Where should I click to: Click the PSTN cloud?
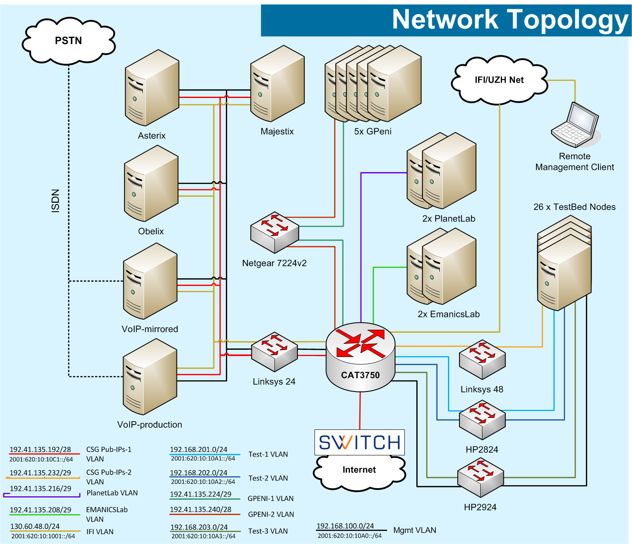point(68,41)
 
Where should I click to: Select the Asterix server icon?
point(152,88)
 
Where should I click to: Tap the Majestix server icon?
point(277,84)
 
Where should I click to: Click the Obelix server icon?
point(151,184)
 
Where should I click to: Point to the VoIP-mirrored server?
point(150,281)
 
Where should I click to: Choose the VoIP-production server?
point(150,377)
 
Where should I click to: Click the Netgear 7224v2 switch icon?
point(274,232)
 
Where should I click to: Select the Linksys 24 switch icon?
point(274,352)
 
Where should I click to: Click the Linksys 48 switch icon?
point(482,360)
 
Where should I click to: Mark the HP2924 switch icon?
point(480,478)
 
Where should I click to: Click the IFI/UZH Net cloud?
point(499,80)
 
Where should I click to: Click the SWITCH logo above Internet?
point(359,443)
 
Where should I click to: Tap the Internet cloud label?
point(359,470)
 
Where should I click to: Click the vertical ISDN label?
point(55,201)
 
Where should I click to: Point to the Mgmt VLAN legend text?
point(415,530)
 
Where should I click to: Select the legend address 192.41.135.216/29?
point(40,489)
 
